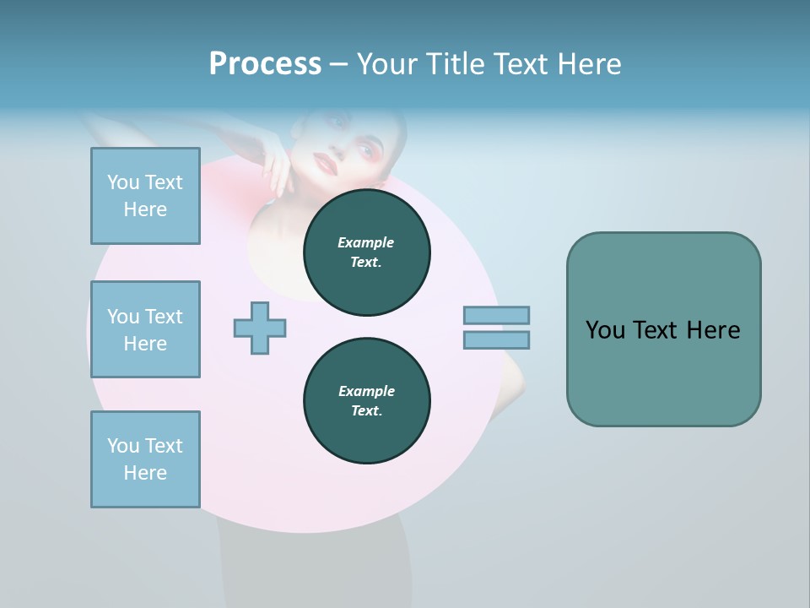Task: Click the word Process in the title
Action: (265, 64)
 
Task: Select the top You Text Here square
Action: (145, 196)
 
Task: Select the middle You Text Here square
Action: (145, 329)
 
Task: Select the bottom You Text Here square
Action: (145, 459)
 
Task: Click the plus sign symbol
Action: (260, 328)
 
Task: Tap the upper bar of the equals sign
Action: (496, 315)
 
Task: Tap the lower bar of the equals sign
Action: (496, 340)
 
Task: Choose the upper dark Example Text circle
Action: (366, 252)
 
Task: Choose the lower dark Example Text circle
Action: (366, 400)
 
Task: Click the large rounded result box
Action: (663, 329)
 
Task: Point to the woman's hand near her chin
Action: (275, 160)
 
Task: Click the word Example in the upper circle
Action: (366, 242)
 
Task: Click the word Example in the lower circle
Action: (366, 391)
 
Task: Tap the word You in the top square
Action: (123, 182)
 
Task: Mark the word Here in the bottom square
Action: (145, 473)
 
